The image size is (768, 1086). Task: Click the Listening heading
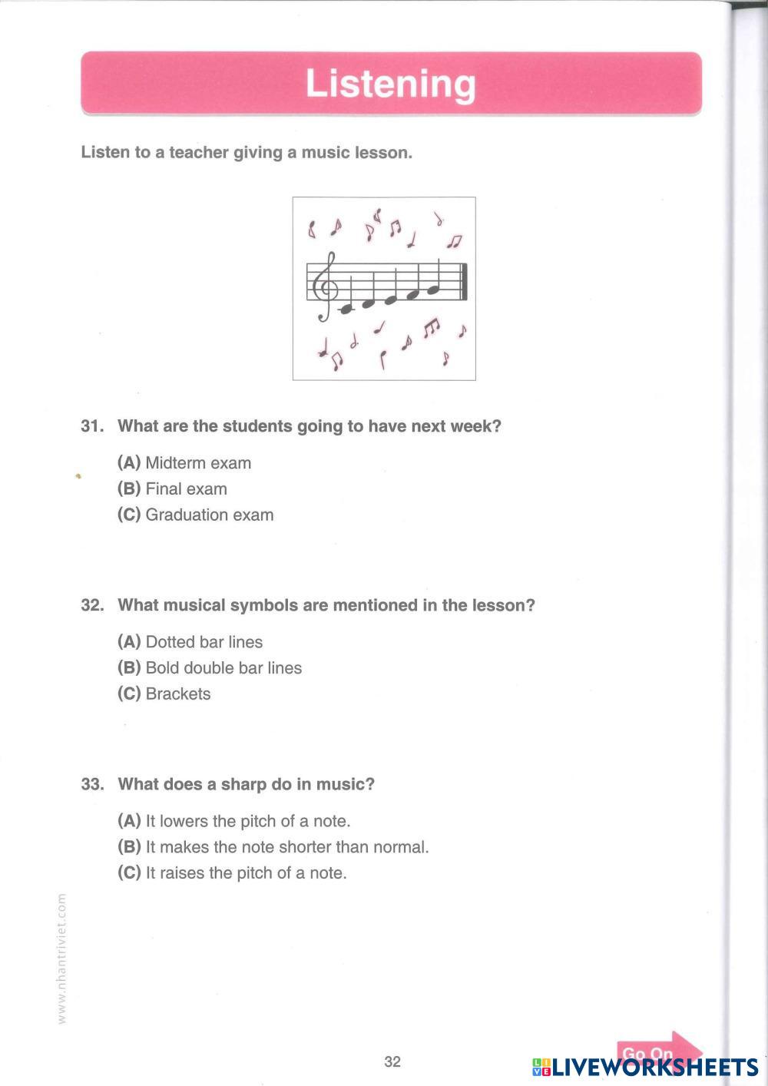tap(390, 84)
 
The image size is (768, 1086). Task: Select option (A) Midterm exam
tap(184, 463)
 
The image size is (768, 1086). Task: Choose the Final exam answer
tap(173, 489)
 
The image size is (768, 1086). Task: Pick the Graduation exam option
tap(196, 515)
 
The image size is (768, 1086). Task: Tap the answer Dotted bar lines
tap(190, 642)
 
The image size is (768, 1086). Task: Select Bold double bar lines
tap(210, 668)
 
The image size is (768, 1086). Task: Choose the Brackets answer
tap(164, 694)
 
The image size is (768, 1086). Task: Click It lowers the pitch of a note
tap(234, 821)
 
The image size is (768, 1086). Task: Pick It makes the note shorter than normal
tap(273, 847)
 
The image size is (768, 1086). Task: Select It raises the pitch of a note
tap(233, 873)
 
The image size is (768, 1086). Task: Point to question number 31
tap(91, 426)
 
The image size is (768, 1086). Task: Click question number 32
tap(91, 605)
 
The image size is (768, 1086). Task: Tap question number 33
tap(91, 784)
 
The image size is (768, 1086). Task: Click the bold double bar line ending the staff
tap(463, 282)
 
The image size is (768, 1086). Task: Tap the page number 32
tap(392, 1061)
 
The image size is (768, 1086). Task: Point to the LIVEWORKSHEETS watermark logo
tap(645, 1067)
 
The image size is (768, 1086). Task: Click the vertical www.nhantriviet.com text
tap(62, 957)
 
